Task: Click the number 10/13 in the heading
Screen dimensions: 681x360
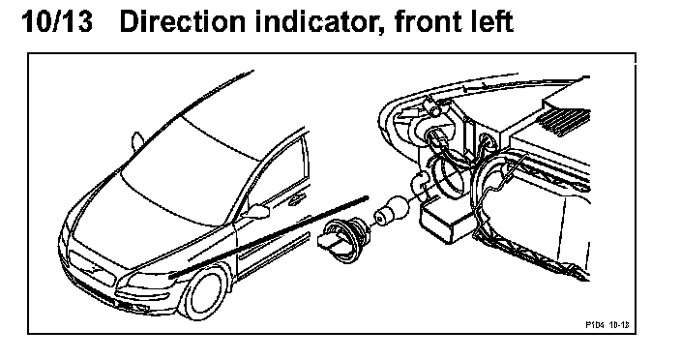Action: (x=57, y=21)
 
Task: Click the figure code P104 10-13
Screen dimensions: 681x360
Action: (x=607, y=324)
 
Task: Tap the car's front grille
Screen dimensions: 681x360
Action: (x=91, y=268)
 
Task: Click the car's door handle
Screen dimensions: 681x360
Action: (x=297, y=199)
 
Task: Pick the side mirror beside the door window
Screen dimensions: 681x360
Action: (x=256, y=212)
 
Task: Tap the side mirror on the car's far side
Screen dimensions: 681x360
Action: (x=137, y=141)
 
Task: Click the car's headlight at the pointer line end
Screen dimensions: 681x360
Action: (x=151, y=281)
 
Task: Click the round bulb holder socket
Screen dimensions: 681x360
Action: (x=344, y=241)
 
